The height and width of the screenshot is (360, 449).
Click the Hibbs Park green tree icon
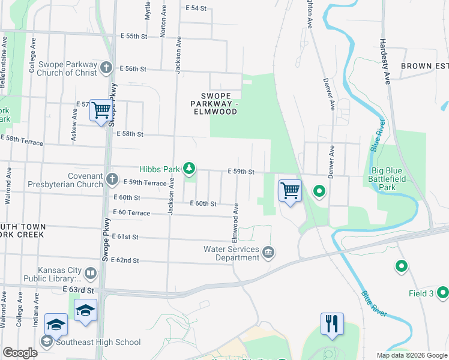point(189,167)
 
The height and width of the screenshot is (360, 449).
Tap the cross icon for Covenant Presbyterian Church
point(112,179)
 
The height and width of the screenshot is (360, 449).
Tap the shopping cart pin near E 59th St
point(290,191)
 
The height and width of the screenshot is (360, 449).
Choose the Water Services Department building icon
point(268,252)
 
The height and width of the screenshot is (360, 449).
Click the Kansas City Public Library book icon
point(90,274)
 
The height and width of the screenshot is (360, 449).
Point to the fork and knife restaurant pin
point(331,323)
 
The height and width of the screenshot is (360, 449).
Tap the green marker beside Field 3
point(443,292)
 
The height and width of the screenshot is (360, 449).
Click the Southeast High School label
point(98,342)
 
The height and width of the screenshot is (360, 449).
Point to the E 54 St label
point(196,8)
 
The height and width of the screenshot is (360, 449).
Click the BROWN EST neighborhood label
point(424,65)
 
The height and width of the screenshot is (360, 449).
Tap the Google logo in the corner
point(20,353)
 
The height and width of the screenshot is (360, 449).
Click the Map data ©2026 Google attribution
point(411,355)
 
